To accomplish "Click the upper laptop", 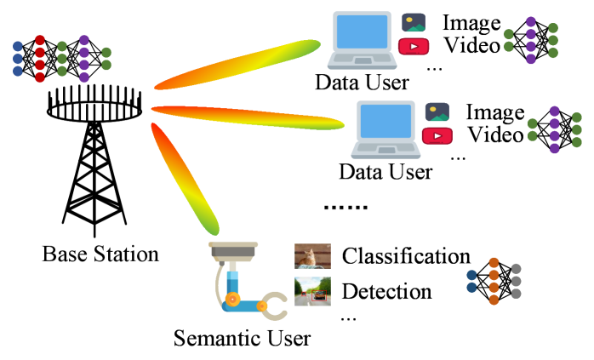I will click(362, 39).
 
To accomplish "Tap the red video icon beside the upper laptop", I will click(414, 46).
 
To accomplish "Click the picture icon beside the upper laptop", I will click(414, 23).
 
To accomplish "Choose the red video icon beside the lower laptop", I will click(437, 135).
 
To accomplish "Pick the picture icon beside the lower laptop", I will click(437, 112).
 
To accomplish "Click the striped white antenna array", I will click(94, 111).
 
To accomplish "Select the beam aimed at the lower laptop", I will click(247, 117).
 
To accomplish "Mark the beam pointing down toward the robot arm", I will click(184, 178).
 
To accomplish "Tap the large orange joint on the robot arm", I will click(232, 299).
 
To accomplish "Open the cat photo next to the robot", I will click(312, 256).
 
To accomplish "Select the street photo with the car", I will click(312, 291).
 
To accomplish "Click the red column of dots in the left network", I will click(40, 59).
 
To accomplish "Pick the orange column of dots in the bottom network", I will click(494, 281).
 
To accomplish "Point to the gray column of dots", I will click(516, 281).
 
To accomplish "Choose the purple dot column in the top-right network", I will click(530, 40).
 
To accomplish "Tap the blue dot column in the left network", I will click(18, 59).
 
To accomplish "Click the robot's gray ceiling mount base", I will click(233, 251).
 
